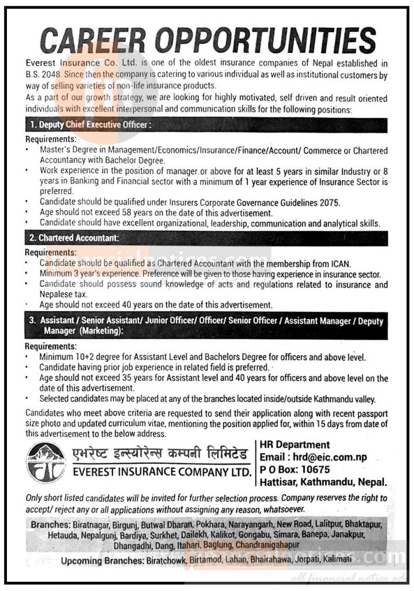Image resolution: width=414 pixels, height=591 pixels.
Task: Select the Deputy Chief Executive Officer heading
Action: click(92, 124)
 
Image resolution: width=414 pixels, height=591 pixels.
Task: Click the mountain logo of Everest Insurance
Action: click(46, 462)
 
